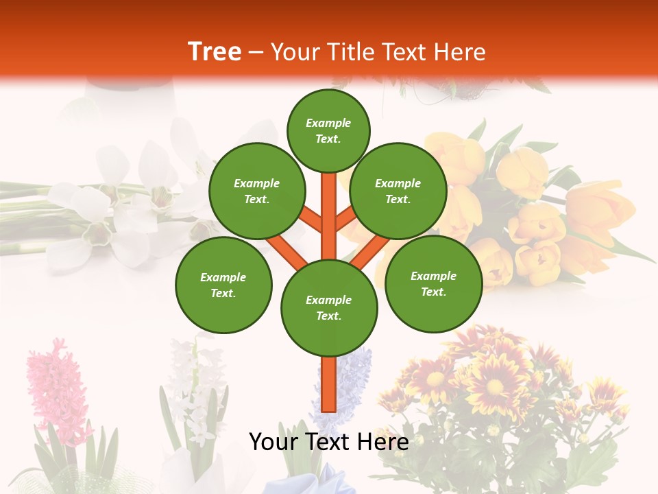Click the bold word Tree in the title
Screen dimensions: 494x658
214,52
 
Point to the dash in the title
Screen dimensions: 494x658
256,53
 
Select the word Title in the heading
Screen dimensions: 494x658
351,52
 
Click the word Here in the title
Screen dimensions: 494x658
461,52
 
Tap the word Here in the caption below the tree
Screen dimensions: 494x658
383,442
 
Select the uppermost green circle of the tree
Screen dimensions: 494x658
328,130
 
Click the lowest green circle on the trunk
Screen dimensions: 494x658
329,307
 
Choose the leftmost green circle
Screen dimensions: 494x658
223,285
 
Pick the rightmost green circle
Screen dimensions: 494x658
433,283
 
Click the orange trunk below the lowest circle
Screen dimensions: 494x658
329,384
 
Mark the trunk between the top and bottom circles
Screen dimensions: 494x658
329,213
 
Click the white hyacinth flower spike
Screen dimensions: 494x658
192,391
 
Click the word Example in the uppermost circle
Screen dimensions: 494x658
328,123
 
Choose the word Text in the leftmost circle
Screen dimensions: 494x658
223,294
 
